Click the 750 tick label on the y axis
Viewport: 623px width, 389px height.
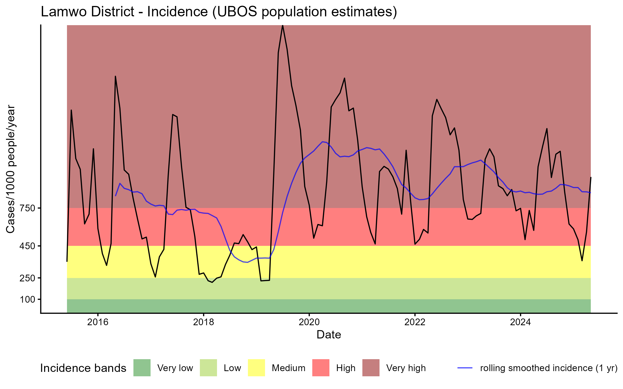(x=27, y=208)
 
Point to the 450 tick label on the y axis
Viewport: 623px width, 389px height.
(x=27, y=246)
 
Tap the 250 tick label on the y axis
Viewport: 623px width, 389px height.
(x=27, y=278)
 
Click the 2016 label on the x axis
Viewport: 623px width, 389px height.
(x=98, y=322)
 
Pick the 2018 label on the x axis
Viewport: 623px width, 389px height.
(x=204, y=322)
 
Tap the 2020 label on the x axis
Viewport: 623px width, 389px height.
(x=309, y=322)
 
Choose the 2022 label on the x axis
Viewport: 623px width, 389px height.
(x=415, y=322)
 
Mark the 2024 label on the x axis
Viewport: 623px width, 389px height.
(x=520, y=322)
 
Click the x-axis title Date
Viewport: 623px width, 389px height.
(x=329, y=335)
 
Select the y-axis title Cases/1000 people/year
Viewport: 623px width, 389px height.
(x=11, y=169)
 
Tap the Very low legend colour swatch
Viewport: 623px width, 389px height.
(x=142, y=368)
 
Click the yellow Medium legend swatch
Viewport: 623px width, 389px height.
(x=256, y=368)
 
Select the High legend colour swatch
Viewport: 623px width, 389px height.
(x=321, y=368)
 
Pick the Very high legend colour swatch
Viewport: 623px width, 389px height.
(x=371, y=368)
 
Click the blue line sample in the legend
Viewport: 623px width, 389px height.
(x=465, y=368)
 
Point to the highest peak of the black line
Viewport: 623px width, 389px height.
(x=282, y=26)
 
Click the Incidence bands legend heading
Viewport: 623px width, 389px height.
(x=83, y=368)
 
